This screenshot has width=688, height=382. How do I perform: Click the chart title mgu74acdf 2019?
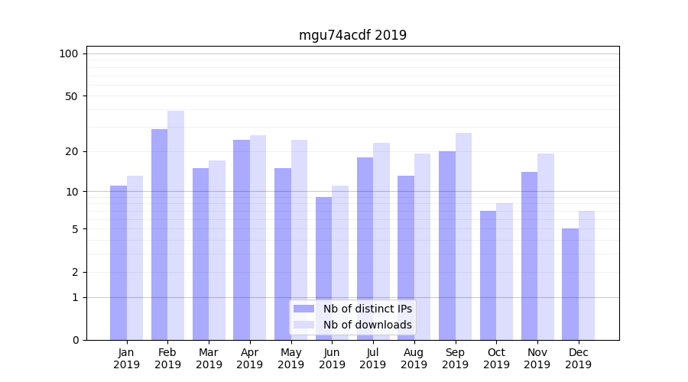(x=352, y=35)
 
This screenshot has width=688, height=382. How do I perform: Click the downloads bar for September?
(x=463, y=236)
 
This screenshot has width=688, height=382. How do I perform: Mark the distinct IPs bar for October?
(x=488, y=275)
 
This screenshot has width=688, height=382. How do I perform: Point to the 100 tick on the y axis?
(x=69, y=53)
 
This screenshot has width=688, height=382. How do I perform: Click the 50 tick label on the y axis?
(x=71, y=96)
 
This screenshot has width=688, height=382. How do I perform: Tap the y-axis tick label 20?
(x=71, y=151)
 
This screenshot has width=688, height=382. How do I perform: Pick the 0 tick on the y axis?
(x=75, y=340)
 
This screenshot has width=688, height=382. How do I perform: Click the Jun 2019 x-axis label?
(x=332, y=358)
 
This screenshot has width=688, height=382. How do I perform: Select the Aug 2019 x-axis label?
(x=414, y=358)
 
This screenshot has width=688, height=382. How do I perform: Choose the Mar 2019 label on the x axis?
(x=209, y=358)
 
